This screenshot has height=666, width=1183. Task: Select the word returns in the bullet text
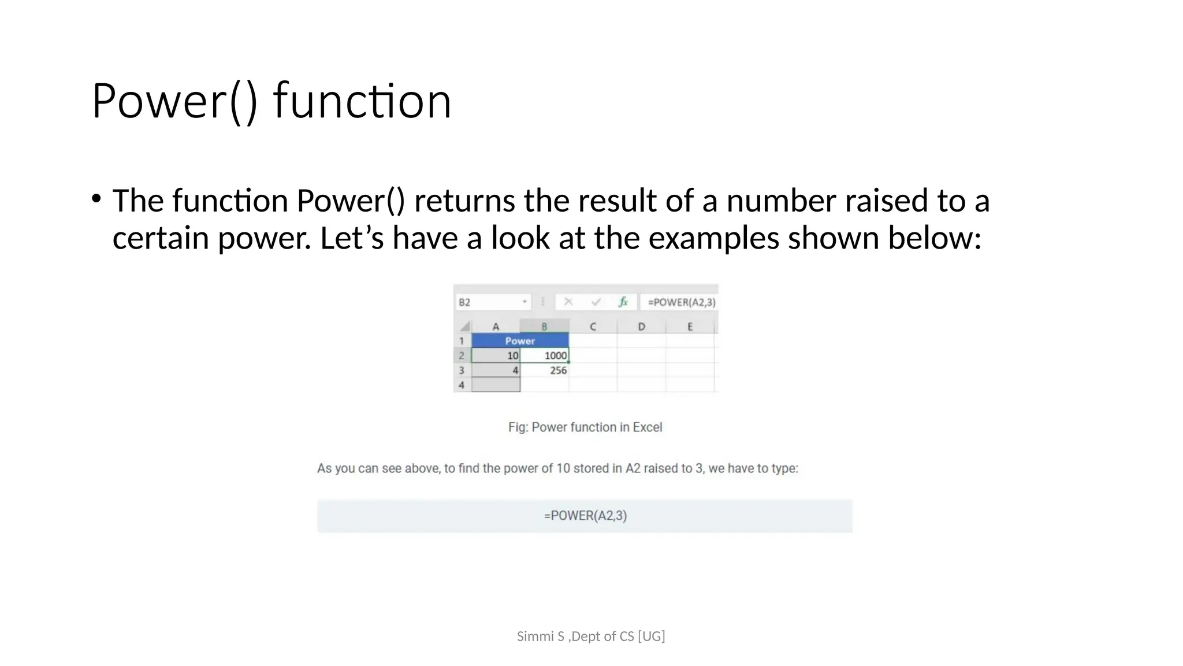pos(464,201)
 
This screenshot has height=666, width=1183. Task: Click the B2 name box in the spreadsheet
pos(492,302)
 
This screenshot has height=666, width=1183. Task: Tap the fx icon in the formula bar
pos(623,302)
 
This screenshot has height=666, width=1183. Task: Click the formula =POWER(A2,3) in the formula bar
pos(681,302)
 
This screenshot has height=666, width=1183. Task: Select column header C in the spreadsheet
pos(593,327)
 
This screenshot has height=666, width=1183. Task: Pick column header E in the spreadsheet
pos(690,327)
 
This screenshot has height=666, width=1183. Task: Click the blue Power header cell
pos(520,341)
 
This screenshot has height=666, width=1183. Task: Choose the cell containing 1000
pos(545,356)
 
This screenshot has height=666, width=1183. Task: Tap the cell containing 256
pos(545,371)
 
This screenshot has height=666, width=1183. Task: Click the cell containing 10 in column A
pos(496,356)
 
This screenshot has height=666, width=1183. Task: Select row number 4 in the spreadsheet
pos(462,385)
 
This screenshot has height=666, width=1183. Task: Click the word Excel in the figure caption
pos(647,427)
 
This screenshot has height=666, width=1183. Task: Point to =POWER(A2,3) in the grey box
pos(585,516)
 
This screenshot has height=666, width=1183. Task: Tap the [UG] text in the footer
pos(651,637)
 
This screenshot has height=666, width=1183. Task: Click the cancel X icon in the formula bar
pos(568,302)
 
